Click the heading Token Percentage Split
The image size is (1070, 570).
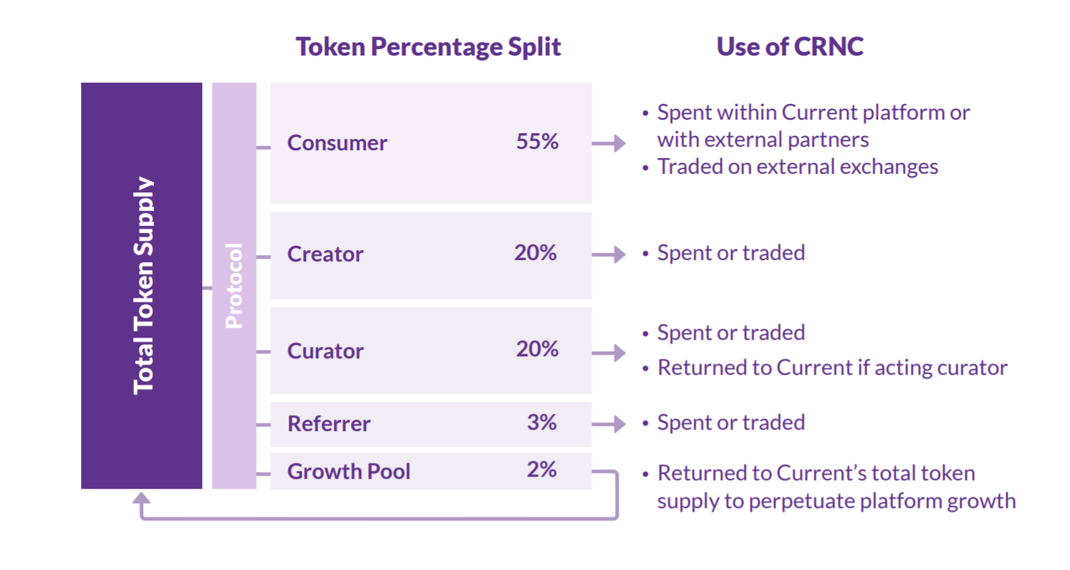pyautogui.click(x=428, y=47)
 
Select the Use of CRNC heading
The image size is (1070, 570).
pyautogui.click(x=790, y=46)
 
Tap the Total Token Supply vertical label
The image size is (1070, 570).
pyautogui.click(x=143, y=286)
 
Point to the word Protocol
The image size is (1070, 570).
pyautogui.click(x=234, y=286)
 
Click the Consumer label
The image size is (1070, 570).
pyautogui.click(x=337, y=143)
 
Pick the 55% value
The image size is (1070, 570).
pyautogui.click(x=537, y=142)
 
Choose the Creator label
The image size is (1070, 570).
pyautogui.click(x=325, y=254)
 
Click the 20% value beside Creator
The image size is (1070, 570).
pyautogui.click(x=535, y=252)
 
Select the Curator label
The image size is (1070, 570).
pyautogui.click(x=325, y=351)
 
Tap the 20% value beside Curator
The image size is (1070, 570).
pyautogui.click(x=537, y=349)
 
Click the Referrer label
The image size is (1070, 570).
pyautogui.click(x=329, y=424)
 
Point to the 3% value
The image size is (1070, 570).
pyautogui.click(x=542, y=423)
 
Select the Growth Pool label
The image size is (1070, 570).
pyautogui.click(x=349, y=472)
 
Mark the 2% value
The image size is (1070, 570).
pyautogui.click(x=542, y=470)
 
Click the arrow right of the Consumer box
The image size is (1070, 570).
pyautogui.click(x=609, y=143)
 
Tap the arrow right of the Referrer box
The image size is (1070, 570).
pyautogui.click(x=609, y=424)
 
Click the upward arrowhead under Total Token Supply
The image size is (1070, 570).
pyautogui.click(x=142, y=498)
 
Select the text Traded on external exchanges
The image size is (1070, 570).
pyautogui.click(x=798, y=167)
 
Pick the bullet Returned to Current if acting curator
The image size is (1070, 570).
pyautogui.click(x=824, y=368)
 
